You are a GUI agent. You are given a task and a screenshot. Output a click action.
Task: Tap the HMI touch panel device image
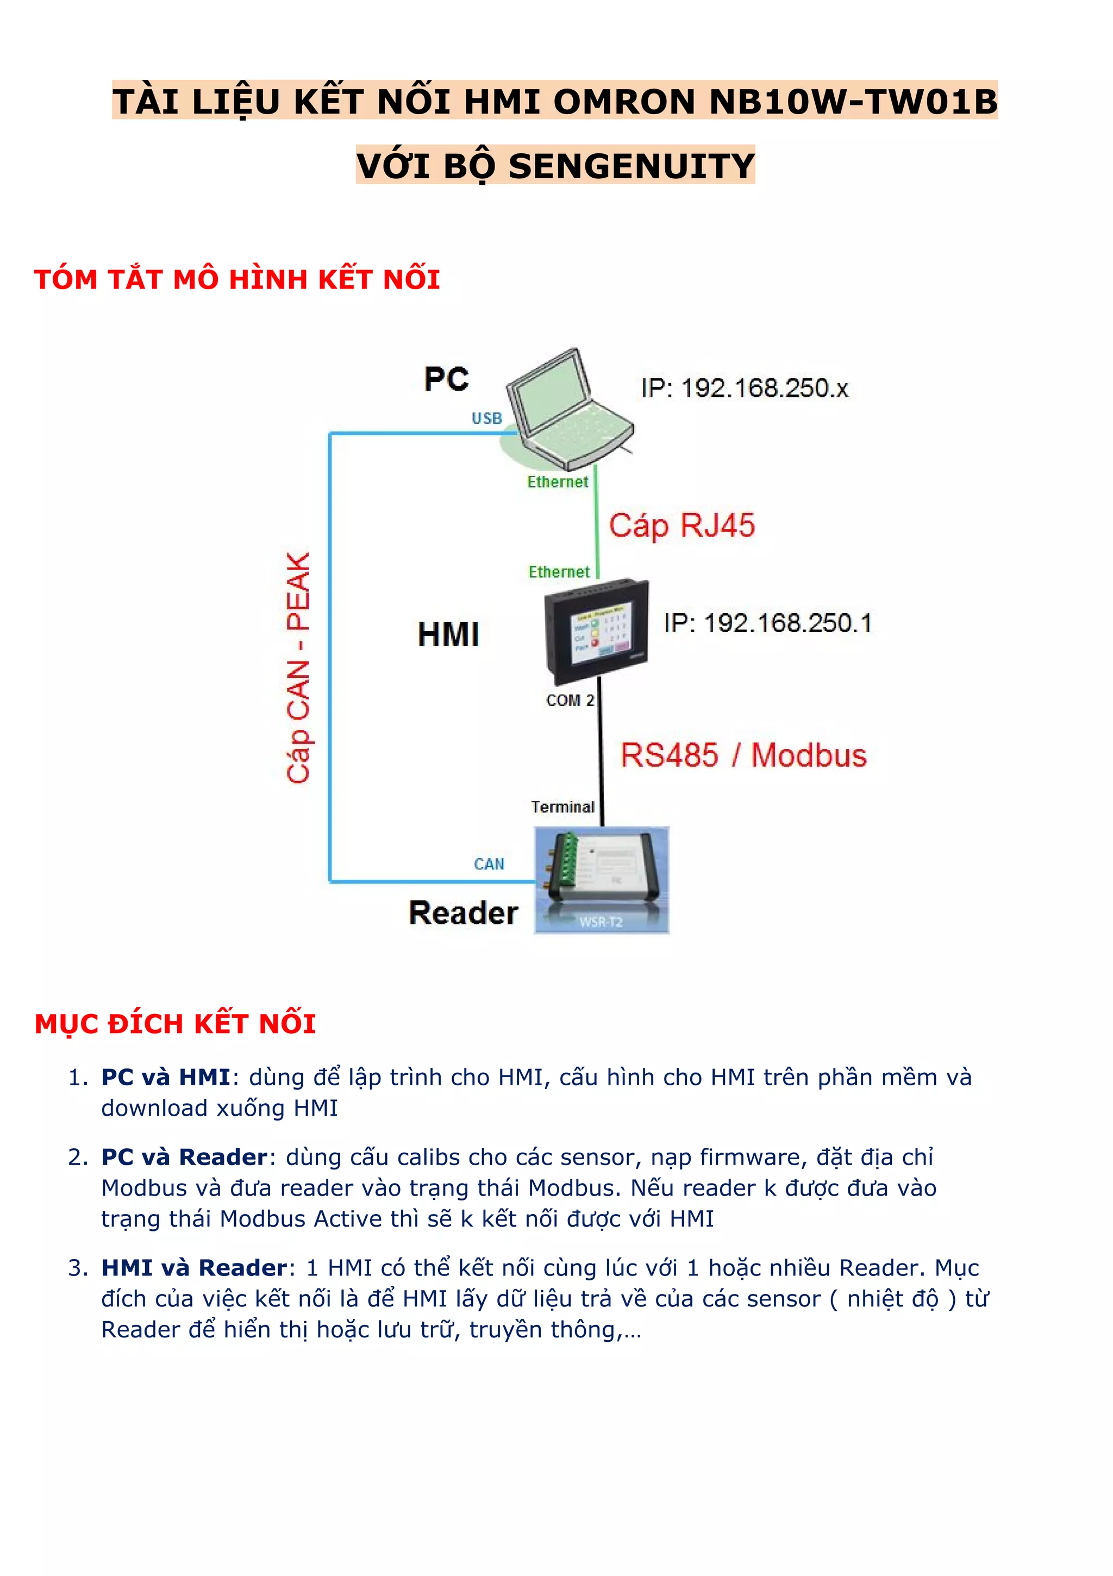pyautogui.click(x=596, y=631)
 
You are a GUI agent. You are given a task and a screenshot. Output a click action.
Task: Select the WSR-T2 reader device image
pyautogui.click(x=602, y=879)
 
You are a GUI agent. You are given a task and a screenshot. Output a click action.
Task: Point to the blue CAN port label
pyautogui.click(x=489, y=864)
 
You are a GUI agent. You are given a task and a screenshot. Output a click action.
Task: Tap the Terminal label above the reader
pyautogui.click(x=562, y=806)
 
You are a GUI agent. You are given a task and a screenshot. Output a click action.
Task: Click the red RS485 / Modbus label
pyautogui.click(x=743, y=755)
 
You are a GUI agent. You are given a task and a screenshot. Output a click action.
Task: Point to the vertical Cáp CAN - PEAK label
pyautogui.click(x=299, y=667)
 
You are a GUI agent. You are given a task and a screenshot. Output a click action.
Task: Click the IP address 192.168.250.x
pyautogui.click(x=745, y=389)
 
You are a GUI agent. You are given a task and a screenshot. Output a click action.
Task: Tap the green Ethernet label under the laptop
pyautogui.click(x=558, y=482)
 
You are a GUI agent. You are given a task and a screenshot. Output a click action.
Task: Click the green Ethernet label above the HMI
pyautogui.click(x=559, y=572)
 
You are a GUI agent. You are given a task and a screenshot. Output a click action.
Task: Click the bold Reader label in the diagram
pyautogui.click(x=464, y=913)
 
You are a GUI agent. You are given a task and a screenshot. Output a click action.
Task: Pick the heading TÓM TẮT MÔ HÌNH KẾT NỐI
pyautogui.click(x=237, y=279)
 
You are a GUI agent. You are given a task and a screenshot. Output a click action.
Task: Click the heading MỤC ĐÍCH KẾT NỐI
pyautogui.click(x=175, y=1023)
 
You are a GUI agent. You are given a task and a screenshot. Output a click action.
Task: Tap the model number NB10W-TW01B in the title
pyautogui.click(x=853, y=102)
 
